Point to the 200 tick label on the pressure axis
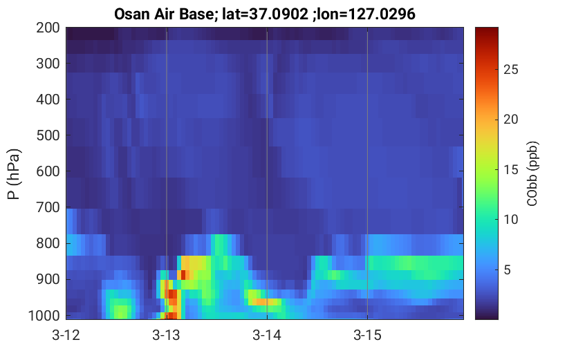[48, 28]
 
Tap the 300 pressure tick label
[48, 64]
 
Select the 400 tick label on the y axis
[48, 100]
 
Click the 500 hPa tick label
[48, 135]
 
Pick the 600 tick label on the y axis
[48, 171]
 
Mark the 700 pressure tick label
[48, 207]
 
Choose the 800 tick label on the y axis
[48, 243]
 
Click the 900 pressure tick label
[48, 279]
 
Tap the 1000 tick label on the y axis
[44, 315]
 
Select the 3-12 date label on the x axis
[66, 335]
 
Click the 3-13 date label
[167, 335]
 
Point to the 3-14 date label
[267, 335]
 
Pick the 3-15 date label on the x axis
[367, 335]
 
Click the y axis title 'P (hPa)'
[15, 173]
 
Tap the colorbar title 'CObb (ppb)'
[532, 173]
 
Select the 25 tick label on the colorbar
[511, 69]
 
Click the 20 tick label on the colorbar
[511, 120]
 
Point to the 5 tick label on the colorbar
[508, 270]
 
